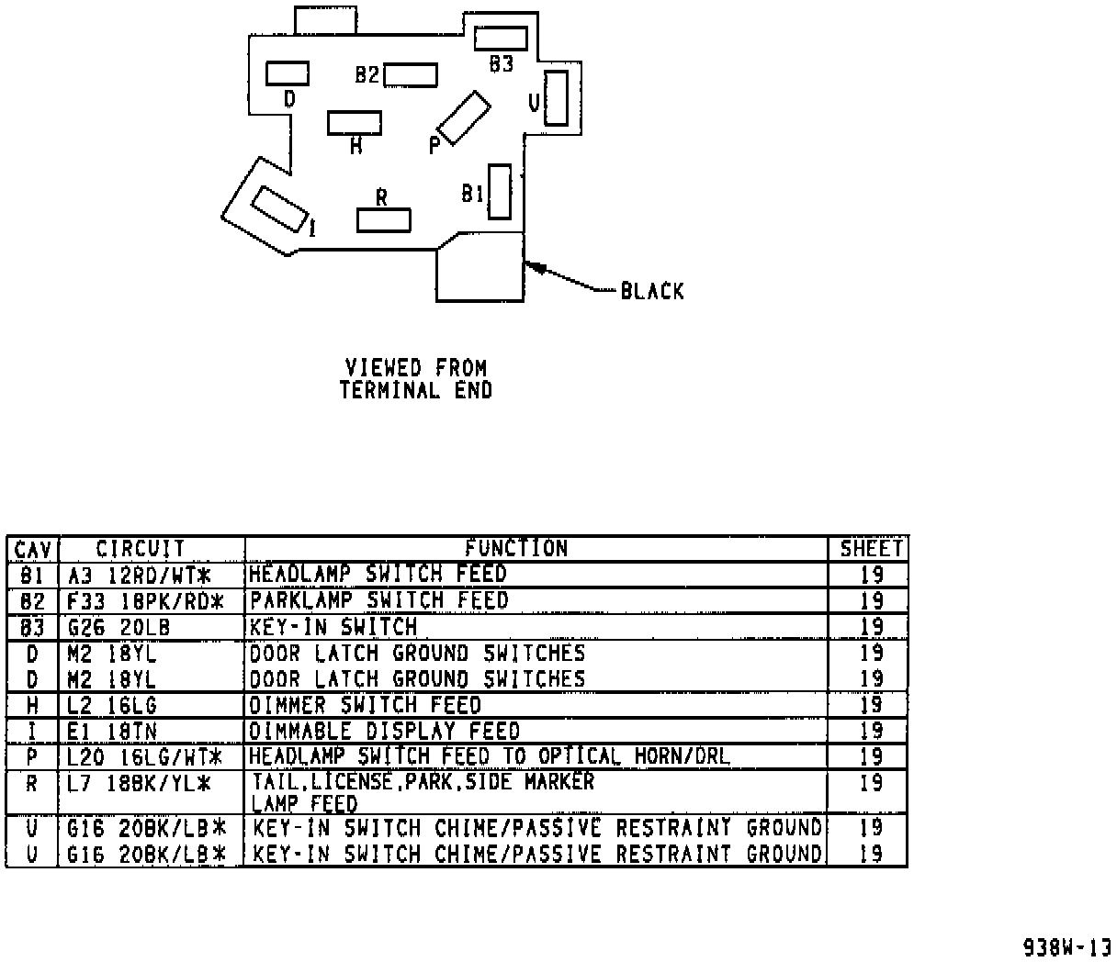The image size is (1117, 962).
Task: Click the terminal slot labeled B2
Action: click(x=410, y=74)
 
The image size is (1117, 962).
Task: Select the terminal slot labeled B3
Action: click(x=501, y=38)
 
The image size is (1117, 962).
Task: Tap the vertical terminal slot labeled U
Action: click(x=556, y=97)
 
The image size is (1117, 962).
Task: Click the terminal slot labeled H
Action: click(x=355, y=122)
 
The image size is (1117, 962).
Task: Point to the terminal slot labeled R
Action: click(x=384, y=220)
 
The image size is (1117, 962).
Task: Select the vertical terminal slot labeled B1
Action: click(x=500, y=191)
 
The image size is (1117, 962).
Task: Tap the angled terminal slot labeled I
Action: click(x=279, y=209)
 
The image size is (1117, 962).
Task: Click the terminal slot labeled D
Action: click(x=288, y=73)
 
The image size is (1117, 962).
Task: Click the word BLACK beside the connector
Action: click(x=652, y=292)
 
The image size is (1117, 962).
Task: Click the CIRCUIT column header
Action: click(x=141, y=549)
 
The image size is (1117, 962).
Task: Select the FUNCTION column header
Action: click(x=516, y=549)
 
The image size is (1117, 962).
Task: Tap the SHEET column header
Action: click(x=871, y=549)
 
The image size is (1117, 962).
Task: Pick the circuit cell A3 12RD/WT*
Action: click(x=140, y=576)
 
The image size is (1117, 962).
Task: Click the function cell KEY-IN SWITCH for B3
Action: click(x=334, y=628)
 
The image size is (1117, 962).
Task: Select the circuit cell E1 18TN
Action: click(x=112, y=732)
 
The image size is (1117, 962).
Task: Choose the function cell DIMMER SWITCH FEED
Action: click(x=366, y=705)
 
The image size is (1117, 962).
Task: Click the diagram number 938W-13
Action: click(x=1067, y=946)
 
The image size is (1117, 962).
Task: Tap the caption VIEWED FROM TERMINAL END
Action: click(x=416, y=379)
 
